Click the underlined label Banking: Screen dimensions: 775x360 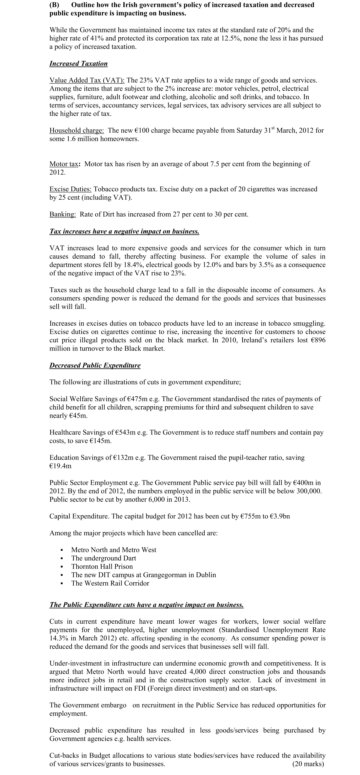pos(63,215)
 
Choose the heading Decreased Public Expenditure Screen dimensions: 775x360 pos(95,366)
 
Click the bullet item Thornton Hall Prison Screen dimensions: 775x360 pos(102,567)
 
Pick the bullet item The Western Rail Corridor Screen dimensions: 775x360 pos(110,583)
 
